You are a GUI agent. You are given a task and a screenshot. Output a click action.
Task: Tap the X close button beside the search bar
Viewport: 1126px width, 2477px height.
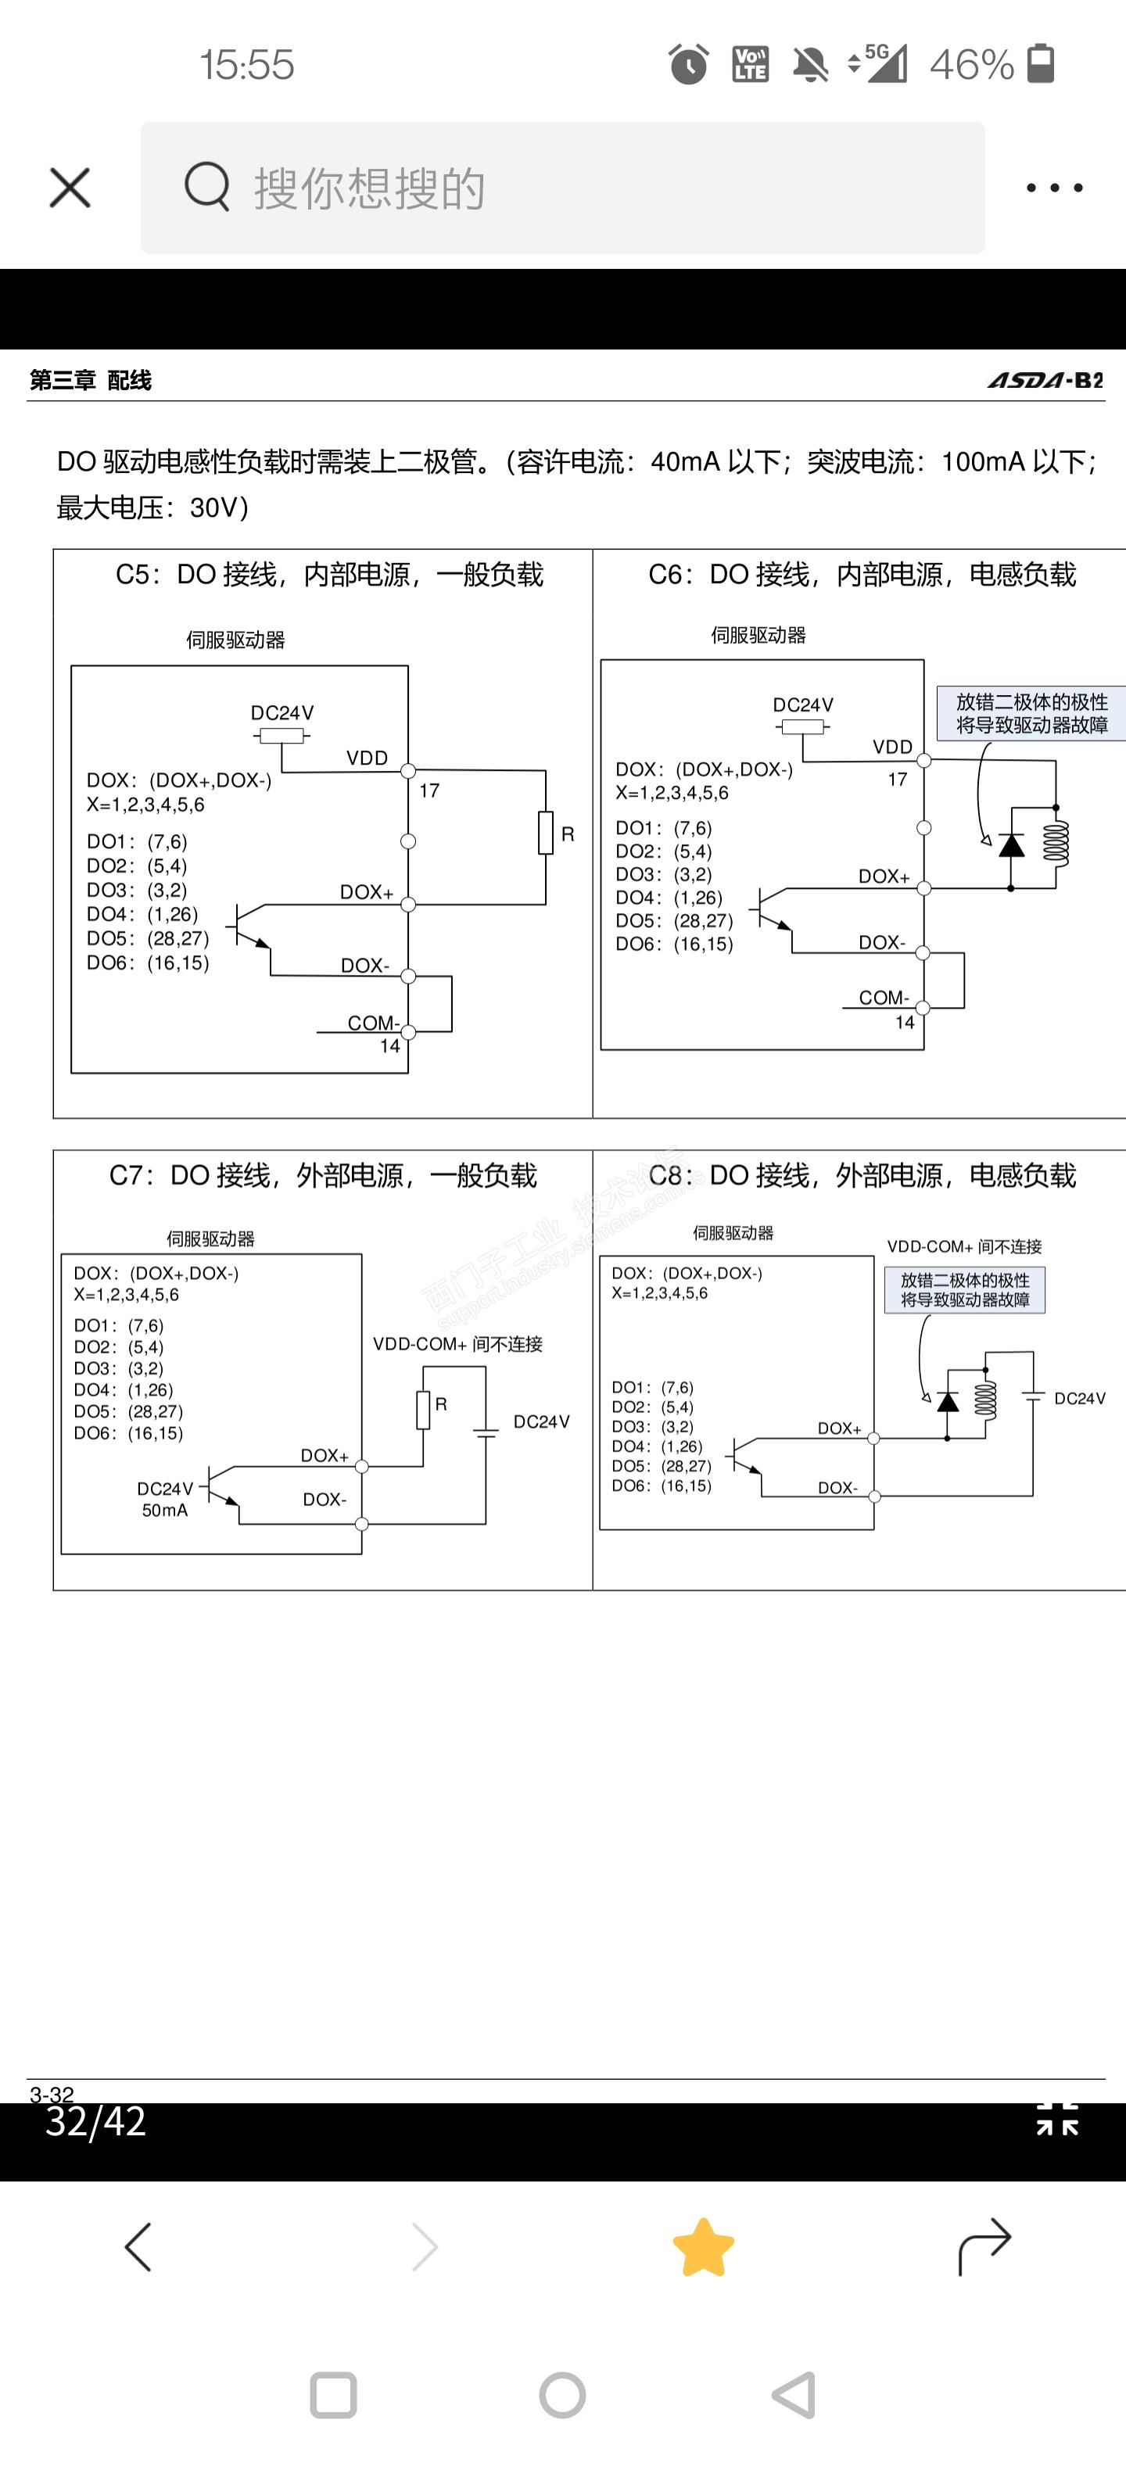click(x=70, y=188)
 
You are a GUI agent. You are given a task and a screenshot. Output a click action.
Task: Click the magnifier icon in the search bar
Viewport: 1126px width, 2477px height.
click(x=206, y=187)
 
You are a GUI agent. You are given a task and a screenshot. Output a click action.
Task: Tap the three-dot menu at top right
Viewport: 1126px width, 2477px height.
click(x=1054, y=188)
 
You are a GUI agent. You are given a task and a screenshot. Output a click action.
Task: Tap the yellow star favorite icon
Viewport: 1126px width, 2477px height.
click(x=703, y=2248)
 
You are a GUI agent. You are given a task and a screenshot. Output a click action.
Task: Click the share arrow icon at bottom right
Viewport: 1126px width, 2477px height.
click(x=984, y=2246)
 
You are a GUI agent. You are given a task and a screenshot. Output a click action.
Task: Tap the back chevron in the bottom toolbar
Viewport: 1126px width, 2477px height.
click(x=138, y=2247)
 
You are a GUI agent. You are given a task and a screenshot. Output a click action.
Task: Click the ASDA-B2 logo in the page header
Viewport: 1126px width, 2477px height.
click(x=1045, y=380)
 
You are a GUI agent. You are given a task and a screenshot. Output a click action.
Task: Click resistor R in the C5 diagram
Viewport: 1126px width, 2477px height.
click(x=545, y=833)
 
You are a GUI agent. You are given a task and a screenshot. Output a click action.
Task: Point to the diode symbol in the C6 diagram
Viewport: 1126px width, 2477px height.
click(x=1010, y=845)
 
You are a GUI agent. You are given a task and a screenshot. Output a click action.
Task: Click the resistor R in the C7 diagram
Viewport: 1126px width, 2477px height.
click(x=423, y=1410)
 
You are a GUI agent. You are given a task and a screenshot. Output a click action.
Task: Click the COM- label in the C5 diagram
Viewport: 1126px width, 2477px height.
click(x=373, y=1022)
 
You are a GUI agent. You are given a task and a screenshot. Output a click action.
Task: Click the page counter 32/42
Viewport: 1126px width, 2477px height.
click(x=96, y=2121)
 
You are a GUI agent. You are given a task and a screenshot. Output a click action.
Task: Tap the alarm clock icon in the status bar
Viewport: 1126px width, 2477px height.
click(x=687, y=64)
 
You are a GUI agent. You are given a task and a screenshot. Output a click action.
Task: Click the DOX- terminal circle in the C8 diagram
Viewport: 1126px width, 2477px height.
click(x=874, y=1497)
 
